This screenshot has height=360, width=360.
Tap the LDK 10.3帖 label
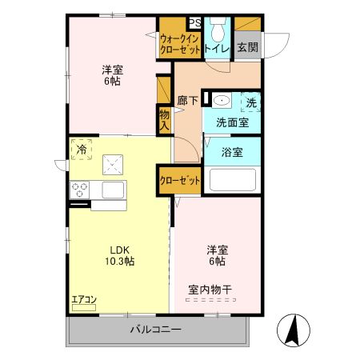[117, 255]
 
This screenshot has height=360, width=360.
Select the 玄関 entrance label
[246, 48]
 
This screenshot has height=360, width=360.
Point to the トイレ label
[216, 48]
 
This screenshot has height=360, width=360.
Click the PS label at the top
[195, 23]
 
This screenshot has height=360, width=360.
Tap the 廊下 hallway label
[187, 102]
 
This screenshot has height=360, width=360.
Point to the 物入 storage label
[164, 120]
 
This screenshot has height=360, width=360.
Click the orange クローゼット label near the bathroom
[179, 181]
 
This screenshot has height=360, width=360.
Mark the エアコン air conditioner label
[83, 300]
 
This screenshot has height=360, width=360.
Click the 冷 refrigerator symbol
[82, 149]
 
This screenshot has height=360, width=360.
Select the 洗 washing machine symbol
[251, 102]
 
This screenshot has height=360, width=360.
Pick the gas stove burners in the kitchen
[81, 190]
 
